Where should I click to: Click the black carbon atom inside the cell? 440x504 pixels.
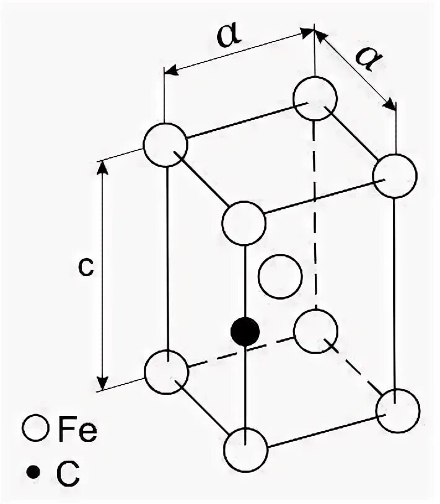pyautogui.click(x=245, y=332)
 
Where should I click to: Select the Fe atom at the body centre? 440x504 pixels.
pyautogui.click(x=280, y=277)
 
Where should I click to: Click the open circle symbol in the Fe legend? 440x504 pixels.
pyautogui.click(x=37, y=428)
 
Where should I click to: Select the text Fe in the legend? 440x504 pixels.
pyautogui.click(x=77, y=428)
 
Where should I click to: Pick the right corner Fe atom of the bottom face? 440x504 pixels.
pyautogui.click(x=397, y=410)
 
